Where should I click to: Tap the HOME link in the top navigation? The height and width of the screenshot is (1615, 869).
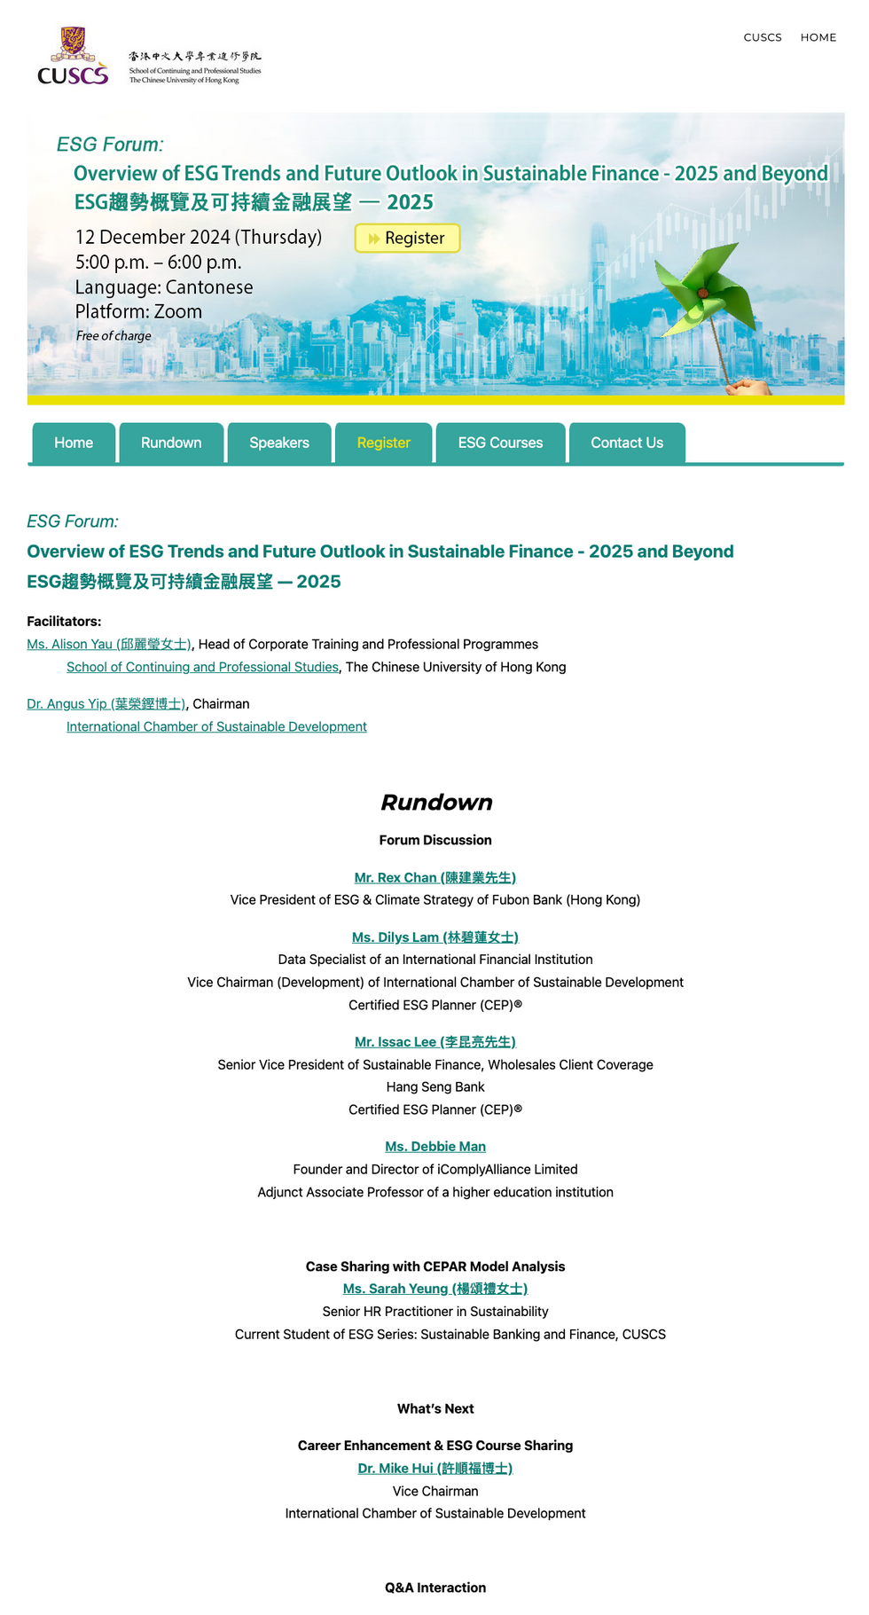tap(818, 37)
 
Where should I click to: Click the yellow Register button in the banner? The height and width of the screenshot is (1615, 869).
tap(407, 239)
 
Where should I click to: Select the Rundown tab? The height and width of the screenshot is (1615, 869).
tap(171, 443)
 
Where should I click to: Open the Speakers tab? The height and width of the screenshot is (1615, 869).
tap(279, 443)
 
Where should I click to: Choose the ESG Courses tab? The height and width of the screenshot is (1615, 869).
tap(500, 443)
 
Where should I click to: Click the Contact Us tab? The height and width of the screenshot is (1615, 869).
tap(627, 443)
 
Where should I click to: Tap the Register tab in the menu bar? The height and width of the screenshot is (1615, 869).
tap(383, 443)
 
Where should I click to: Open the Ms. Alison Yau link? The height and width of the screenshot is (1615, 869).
tap(109, 645)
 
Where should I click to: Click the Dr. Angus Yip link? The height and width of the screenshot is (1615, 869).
tap(106, 704)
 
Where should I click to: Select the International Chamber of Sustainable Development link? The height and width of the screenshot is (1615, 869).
tap(216, 727)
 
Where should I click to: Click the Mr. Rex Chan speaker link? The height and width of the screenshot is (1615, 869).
tap(434, 878)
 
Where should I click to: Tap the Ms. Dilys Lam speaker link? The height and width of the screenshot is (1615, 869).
tap(434, 937)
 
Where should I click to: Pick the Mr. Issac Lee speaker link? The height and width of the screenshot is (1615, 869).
tap(434, 1042)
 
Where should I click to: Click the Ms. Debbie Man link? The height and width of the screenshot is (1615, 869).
tap(434, 1147)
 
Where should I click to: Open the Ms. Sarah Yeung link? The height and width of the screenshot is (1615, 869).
tap(434, 1289)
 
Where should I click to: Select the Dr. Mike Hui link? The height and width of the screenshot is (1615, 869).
tap(434, 1469)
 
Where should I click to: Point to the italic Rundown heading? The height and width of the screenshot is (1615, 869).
tap(435, 803)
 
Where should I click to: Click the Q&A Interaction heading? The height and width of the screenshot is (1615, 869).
tap(434, 1588)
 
